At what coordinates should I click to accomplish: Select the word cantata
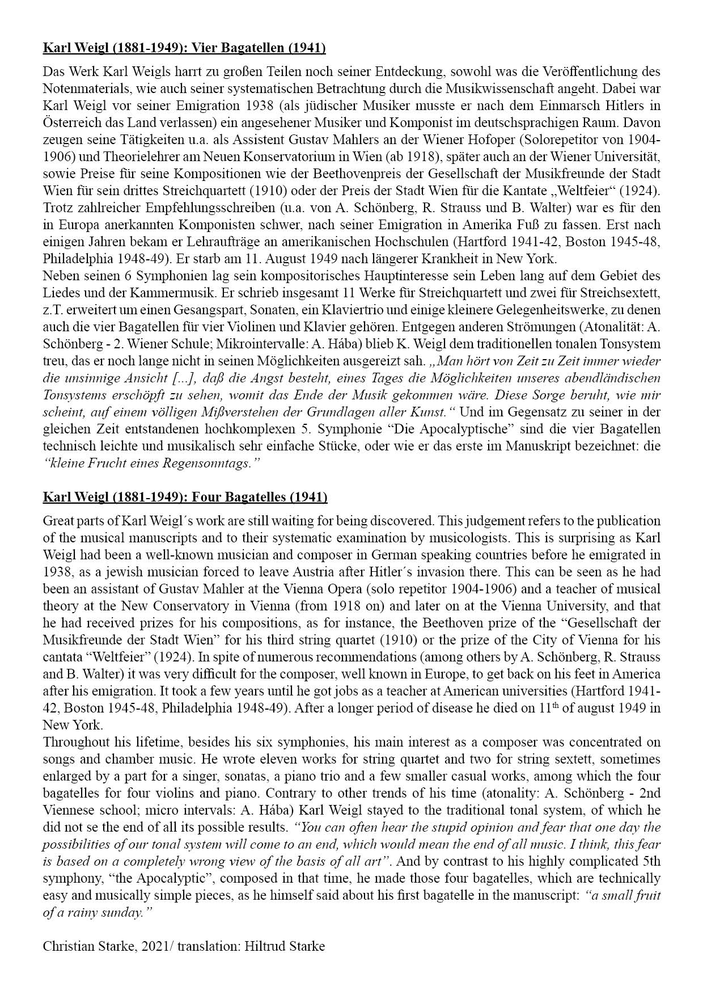[x=61, y=657]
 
